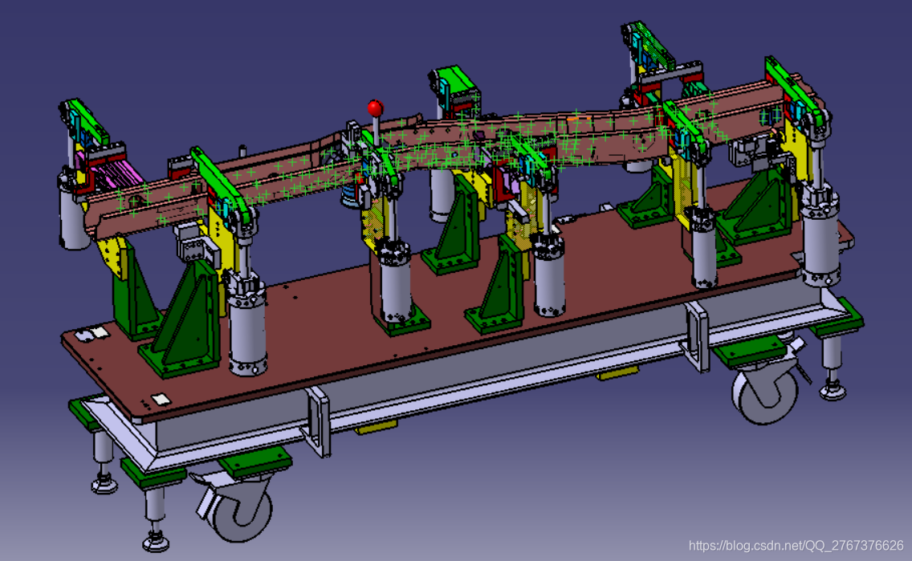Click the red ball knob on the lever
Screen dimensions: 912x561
click(x=375, y=108)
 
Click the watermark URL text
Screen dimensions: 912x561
click(x=796, y=546)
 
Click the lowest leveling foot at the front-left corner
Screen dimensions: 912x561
click(x=156, y=542)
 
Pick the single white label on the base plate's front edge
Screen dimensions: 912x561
click(x=161, y=399)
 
